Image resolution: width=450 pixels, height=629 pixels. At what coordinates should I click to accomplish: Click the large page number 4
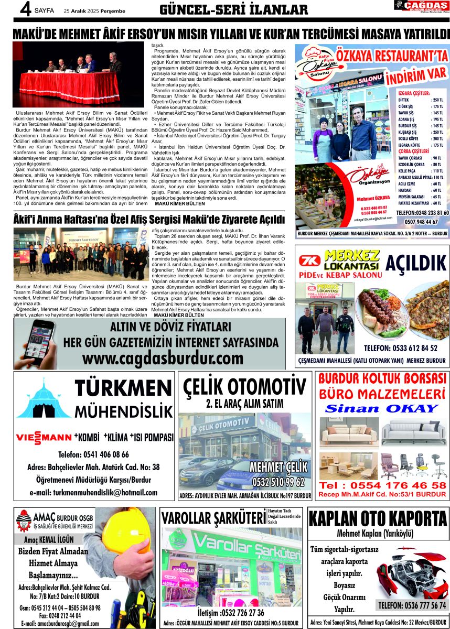point(24,10)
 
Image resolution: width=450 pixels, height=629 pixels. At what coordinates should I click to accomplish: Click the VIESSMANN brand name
point(44,438)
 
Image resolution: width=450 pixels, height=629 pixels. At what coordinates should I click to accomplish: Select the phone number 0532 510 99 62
point(278,482)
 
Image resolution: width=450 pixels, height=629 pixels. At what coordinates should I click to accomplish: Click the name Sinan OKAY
point(383,409)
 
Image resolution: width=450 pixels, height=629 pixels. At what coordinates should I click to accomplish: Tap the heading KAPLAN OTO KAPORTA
point(378,519)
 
